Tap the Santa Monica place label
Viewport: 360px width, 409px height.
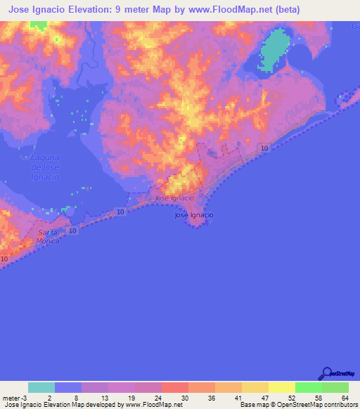point(49,236)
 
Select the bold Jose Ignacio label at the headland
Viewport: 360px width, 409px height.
point(194,215)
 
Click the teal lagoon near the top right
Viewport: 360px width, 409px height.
point(274,49)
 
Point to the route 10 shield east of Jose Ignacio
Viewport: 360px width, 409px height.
point(263,148)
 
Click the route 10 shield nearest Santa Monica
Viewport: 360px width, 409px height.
point(72,231)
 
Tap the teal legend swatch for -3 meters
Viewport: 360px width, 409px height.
point(41,387)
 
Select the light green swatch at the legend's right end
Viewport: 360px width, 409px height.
point(335,387)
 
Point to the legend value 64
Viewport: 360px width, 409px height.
point(344,398)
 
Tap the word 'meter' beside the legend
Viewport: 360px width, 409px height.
point(11,398)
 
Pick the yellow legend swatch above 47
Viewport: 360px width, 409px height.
point(281,387)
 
